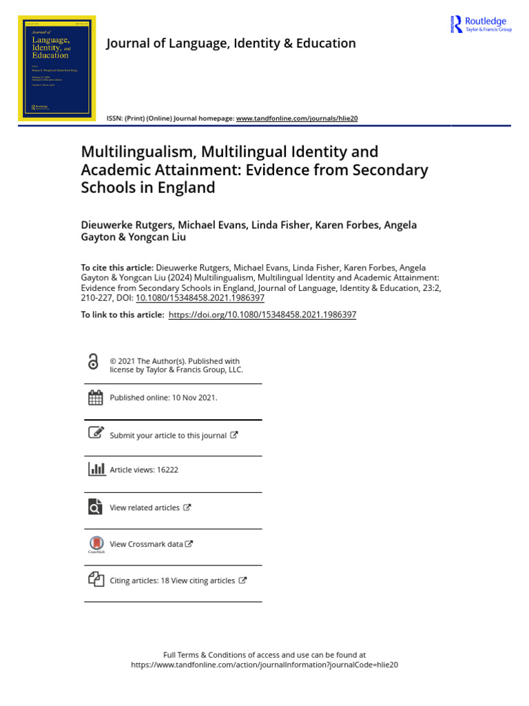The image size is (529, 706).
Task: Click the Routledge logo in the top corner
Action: (x=481, y=24)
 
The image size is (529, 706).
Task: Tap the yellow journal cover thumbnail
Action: (x=56, y=68)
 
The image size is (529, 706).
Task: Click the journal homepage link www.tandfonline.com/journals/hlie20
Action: (x=297, y=119)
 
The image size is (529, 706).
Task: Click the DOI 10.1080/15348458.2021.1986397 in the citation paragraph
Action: (x=200, y=298)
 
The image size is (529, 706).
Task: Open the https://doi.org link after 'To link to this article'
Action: (x=262, y=314)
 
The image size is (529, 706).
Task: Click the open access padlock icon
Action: (x=94, y=362)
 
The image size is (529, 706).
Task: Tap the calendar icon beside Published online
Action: (x=95, y=397)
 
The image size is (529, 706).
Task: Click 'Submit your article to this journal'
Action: (x=168, y=436)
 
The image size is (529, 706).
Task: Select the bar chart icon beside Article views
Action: (x=96, y=470)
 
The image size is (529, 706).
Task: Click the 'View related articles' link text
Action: (x=145, y=507)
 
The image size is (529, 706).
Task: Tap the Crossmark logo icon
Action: (x=96, y=543)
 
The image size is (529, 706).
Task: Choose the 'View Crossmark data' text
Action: (x=147, y=544)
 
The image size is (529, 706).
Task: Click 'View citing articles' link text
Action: (x=203, y=581)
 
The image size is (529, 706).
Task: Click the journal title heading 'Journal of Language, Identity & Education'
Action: (x=231, y=43)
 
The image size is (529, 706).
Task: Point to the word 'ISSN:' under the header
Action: (x=114, y=119)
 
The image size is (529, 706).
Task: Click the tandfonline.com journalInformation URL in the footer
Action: (x=264, y=665)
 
